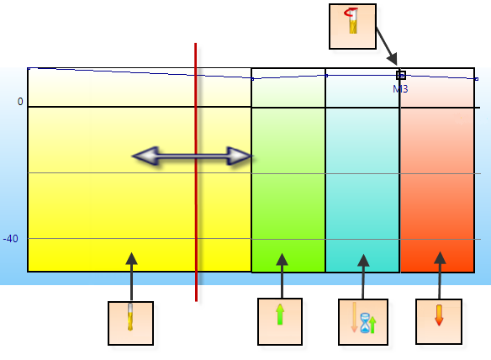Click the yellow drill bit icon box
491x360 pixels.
130,323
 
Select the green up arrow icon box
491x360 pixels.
280,321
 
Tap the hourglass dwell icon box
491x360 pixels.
363,322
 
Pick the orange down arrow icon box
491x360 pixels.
439,321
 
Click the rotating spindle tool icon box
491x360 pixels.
352,26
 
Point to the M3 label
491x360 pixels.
400,89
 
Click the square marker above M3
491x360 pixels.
401,75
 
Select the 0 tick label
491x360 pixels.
20,102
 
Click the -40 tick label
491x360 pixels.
11,239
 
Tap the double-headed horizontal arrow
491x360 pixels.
193,156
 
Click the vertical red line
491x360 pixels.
196,172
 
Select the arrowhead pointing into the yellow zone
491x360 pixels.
131,258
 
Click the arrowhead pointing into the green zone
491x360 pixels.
282,259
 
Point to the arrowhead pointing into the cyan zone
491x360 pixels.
363,260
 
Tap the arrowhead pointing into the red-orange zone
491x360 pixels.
440,257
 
